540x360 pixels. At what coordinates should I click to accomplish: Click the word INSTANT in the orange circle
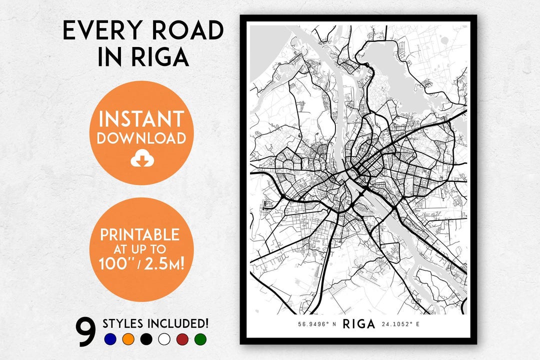[141, 120]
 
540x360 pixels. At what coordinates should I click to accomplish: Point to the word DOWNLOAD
[141, 138]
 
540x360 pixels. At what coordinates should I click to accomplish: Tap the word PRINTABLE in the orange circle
[140, 234]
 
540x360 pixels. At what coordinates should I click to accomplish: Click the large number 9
[85, 332]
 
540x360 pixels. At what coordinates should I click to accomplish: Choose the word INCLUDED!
[178, 323]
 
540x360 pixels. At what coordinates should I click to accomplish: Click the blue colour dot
[110, 339]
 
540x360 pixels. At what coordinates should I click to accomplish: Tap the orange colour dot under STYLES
[128, 339]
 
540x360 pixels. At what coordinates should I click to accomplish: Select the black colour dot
[146, 339]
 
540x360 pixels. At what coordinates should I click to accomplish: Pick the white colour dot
[164, 339]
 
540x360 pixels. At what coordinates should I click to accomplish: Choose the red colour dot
[182, 339]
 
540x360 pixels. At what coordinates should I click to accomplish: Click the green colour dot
[200, 339]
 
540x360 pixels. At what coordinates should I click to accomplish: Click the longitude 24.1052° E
[400, 324]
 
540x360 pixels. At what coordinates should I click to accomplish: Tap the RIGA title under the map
[358, 324]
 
